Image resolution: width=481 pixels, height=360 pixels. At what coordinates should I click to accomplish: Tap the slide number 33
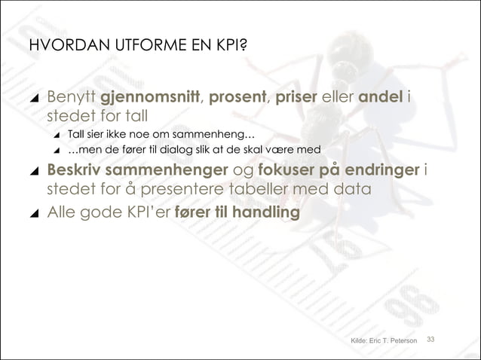(432, 340)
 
